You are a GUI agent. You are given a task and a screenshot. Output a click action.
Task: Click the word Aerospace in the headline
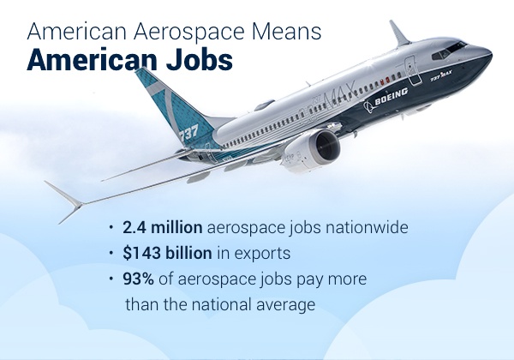(x=189, y=33)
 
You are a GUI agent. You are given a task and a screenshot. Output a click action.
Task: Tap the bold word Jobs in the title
(x=200, y=60)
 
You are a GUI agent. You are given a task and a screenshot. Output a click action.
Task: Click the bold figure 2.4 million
(x=162, y=227)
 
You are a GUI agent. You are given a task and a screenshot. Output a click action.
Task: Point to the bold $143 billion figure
(x=167, y=253)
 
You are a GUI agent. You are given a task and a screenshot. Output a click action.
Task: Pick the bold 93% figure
(x=138, y=279)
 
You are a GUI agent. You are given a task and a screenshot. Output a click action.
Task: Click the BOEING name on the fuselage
(x=391, y=96)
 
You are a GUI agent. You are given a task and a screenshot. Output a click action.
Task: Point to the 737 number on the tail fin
(x=188, y=133)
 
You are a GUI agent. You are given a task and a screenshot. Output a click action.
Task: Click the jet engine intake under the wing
(x=325, y=147)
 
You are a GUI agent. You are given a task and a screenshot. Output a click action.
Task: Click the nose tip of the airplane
(x=491, y=53)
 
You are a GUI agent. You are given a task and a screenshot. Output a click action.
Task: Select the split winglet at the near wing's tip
(x=66, y=201)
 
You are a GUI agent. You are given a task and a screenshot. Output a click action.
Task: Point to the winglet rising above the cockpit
(x=399, y=33)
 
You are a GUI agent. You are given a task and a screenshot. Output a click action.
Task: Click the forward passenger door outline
(x=412, y=71)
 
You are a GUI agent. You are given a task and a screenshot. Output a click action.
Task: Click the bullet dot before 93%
(x=111, y=279)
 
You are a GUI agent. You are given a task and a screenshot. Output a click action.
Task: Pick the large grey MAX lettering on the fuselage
(x=339, y=95)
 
